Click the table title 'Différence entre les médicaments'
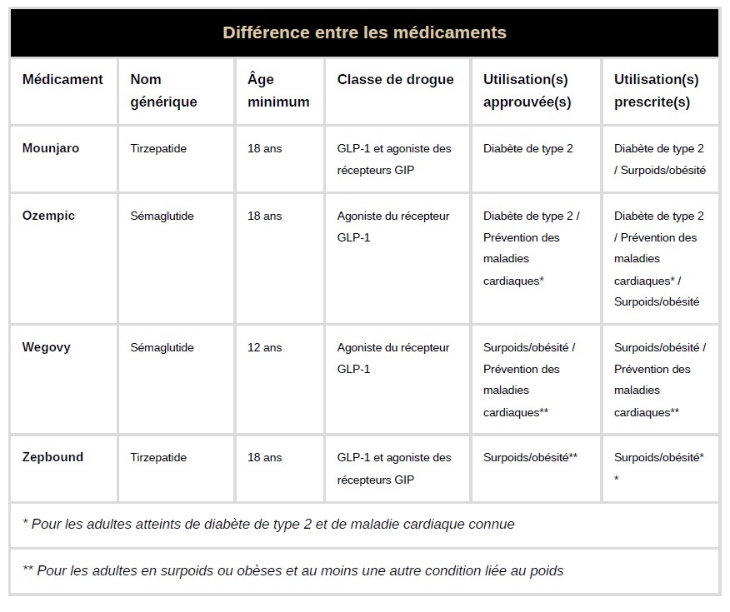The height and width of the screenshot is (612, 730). [364, 33]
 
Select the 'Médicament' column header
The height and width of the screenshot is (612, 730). [62, 80]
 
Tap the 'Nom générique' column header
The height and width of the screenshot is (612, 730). [164, 91]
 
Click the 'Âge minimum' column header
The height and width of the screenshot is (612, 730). [278, 91]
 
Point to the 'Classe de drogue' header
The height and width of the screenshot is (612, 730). [396, 80]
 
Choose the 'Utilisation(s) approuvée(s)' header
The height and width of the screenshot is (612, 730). [527, 91]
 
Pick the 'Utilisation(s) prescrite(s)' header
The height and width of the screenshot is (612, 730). [657, 91]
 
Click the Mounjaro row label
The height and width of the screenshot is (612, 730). [51, 148]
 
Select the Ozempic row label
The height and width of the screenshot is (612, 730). [48, 216]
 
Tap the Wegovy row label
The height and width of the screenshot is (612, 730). [47, 347]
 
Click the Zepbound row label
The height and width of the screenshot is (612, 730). [52, 457]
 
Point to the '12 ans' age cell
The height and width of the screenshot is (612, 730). [265, 347]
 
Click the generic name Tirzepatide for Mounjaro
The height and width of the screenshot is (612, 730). [158, 149]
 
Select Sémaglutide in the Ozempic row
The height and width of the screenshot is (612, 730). [162, 216]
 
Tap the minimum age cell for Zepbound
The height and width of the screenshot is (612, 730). [265, 457]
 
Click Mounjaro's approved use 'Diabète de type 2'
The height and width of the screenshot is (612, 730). [528, 149]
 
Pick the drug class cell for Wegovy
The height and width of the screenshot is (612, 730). [393, 358]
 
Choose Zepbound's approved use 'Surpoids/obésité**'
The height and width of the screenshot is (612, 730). [531, 457]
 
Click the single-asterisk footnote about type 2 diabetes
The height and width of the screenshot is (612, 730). [268, 525]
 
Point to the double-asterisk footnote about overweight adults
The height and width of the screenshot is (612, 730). [293, 571]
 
